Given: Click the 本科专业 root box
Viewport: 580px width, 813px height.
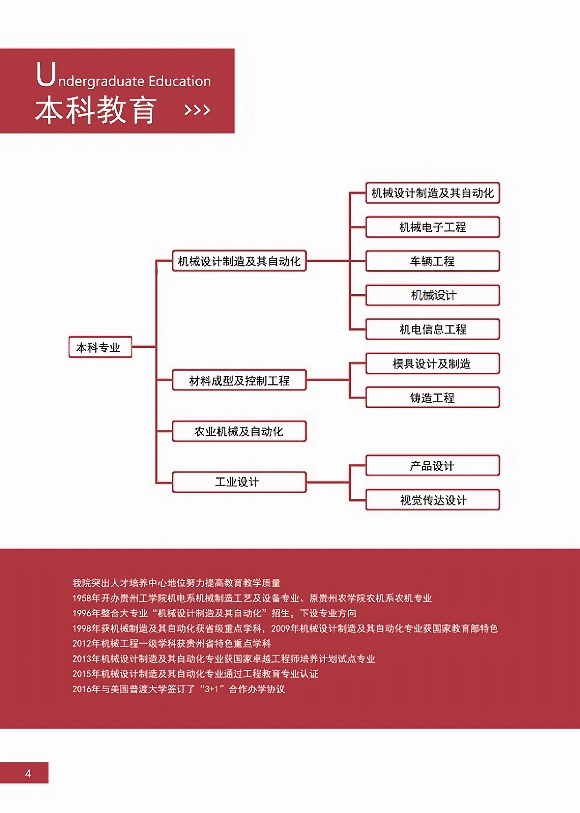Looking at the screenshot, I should point(100,347).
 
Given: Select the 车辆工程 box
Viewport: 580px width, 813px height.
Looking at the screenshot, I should point(432,261).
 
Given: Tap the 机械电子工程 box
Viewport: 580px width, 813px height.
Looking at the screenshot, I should point(432,227).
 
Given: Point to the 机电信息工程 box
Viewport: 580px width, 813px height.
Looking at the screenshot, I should point(432,329).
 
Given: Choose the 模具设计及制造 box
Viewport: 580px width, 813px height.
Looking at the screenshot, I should point(432,363).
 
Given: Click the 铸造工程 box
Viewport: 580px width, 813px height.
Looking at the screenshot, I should point(432,398).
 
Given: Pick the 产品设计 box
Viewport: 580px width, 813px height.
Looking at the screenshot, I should point(432,466).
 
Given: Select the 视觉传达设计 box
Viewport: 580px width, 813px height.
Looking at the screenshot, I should point(432,500).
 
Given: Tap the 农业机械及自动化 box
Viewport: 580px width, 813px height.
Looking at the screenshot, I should point(239,431).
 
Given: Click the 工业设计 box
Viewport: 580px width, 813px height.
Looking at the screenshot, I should point(239,482).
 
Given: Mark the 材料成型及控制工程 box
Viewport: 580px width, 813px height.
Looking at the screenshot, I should point(239,380).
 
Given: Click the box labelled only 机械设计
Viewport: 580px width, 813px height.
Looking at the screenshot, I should point(432,295).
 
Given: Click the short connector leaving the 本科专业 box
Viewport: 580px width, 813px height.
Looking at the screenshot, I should point(143,347).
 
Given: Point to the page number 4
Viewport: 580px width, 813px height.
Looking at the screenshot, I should point(28,773).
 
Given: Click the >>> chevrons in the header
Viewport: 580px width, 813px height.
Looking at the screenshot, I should point(197,111).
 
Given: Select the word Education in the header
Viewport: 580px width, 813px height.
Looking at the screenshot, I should point(180,81).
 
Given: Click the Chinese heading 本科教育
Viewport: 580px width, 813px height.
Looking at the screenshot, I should point(96,111).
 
